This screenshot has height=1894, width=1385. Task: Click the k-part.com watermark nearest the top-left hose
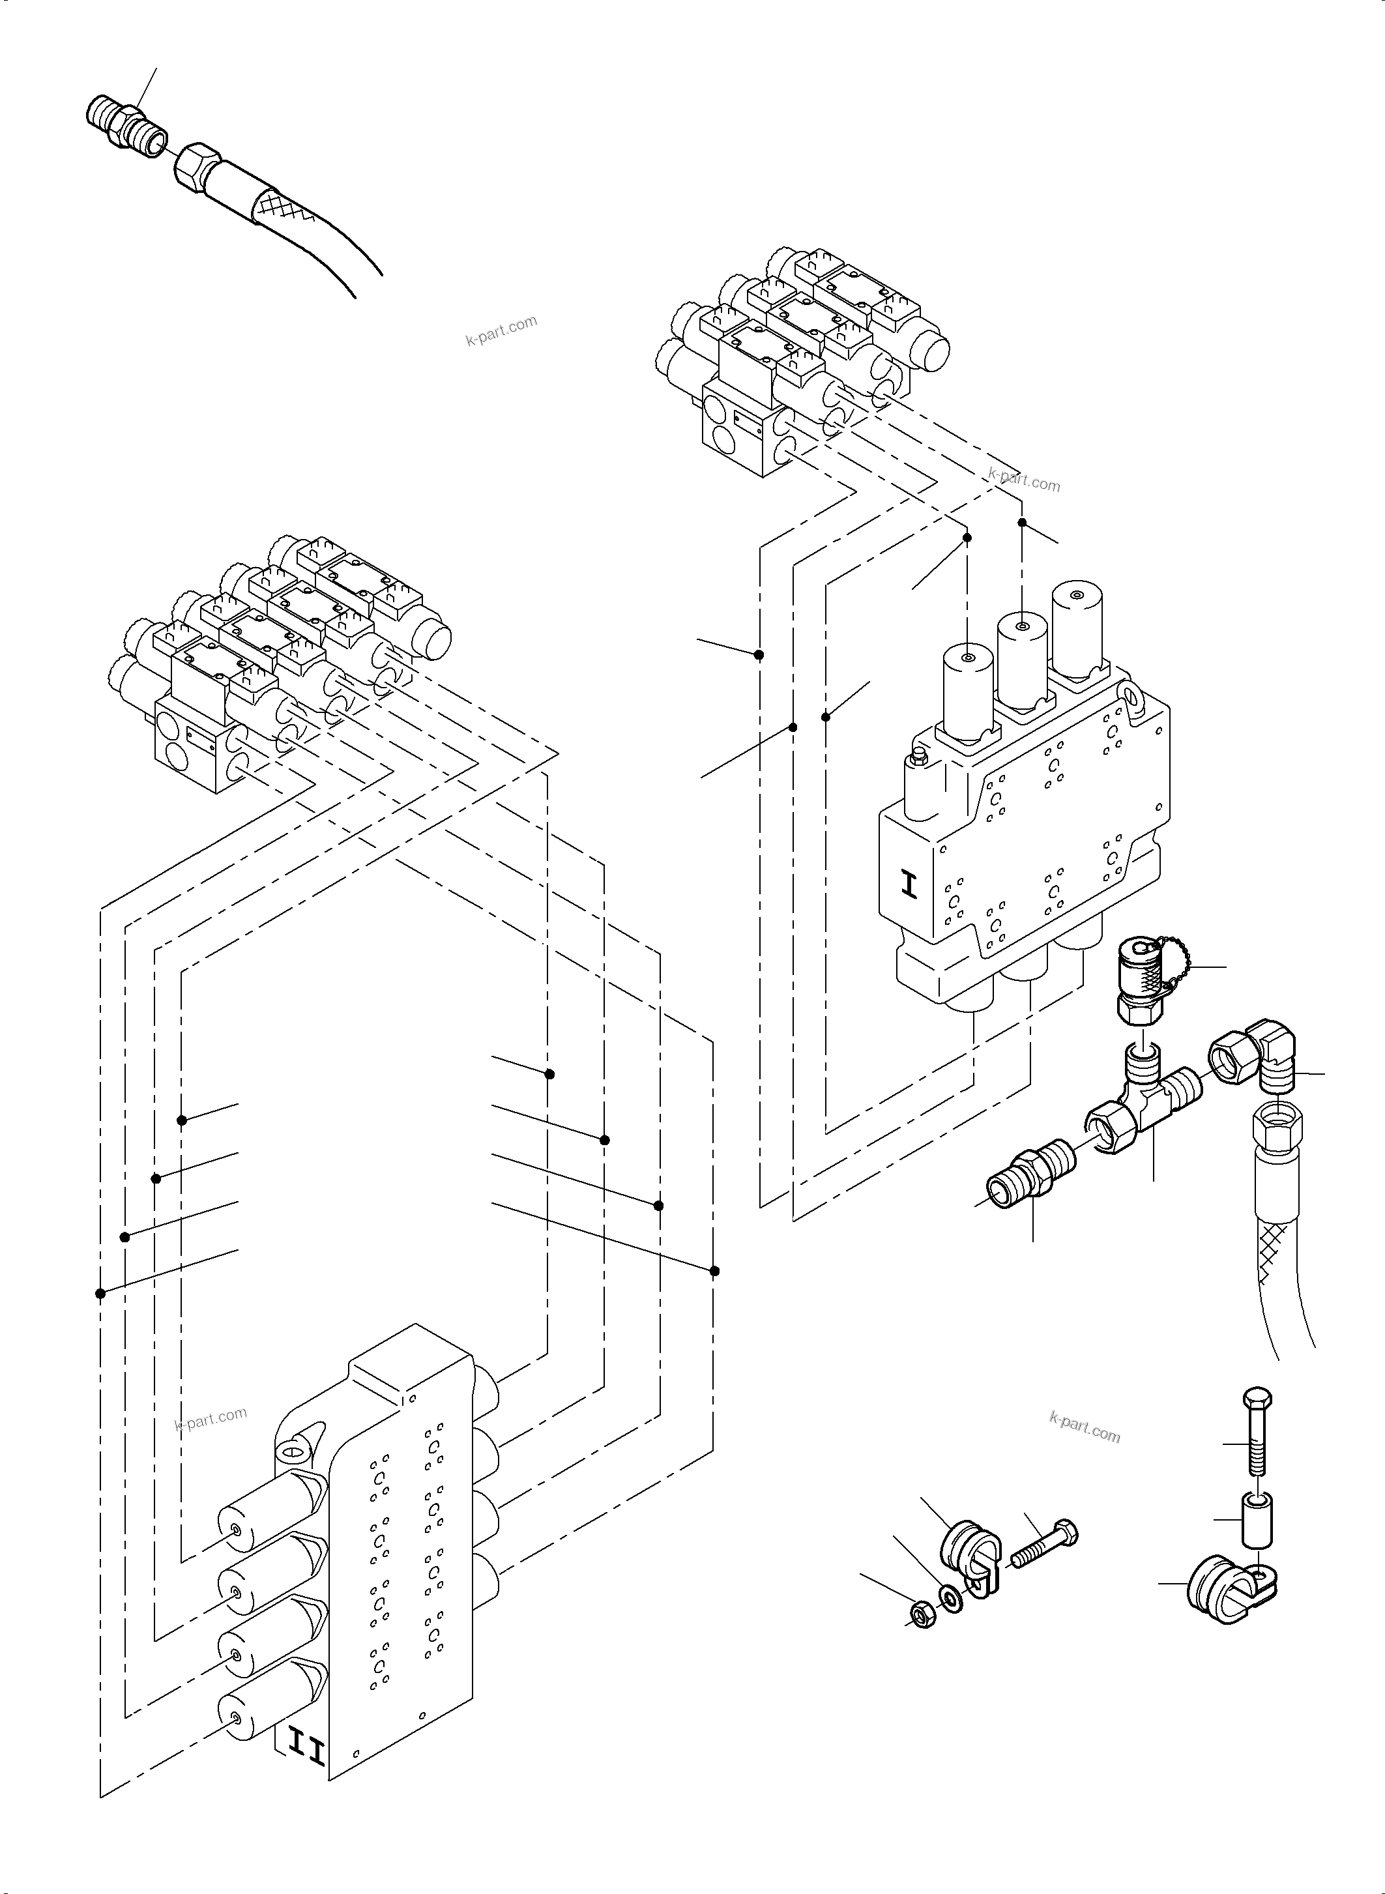pyautogui.click(x=501, y=331)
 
